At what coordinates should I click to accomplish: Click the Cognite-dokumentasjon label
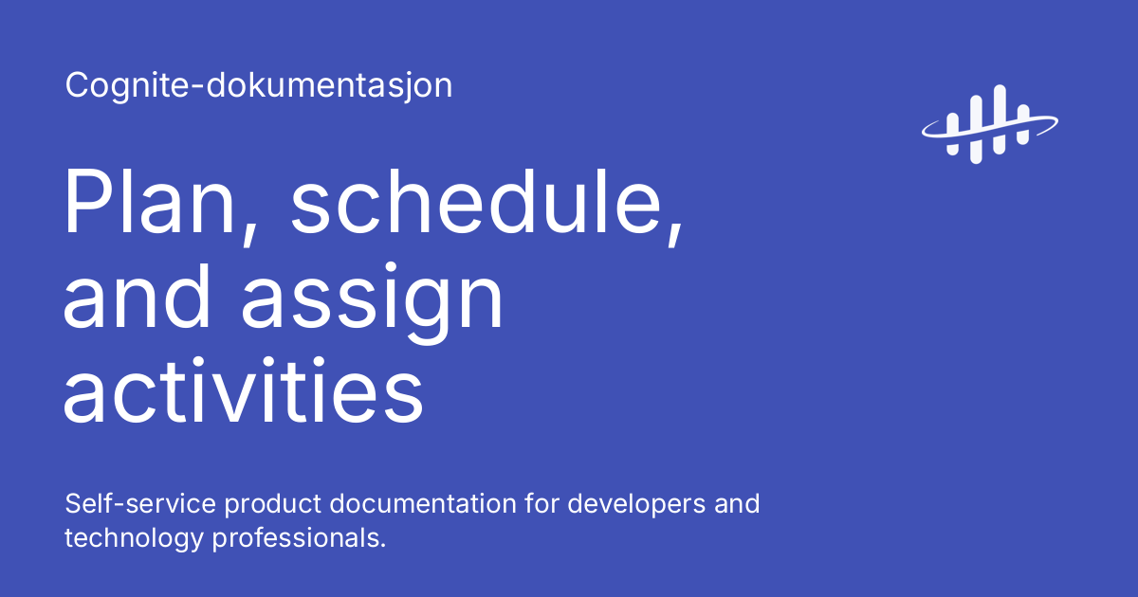click(258, 86)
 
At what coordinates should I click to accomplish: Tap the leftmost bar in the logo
click(952, 118)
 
